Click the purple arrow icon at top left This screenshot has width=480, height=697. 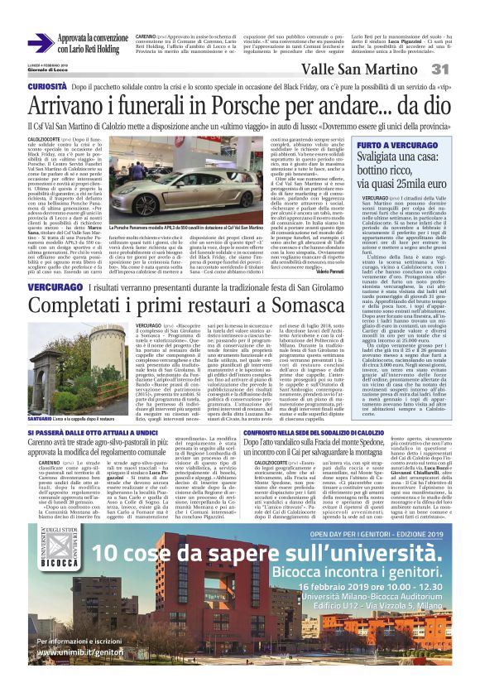click(41, 41)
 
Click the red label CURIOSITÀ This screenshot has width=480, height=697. click(47, 86)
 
